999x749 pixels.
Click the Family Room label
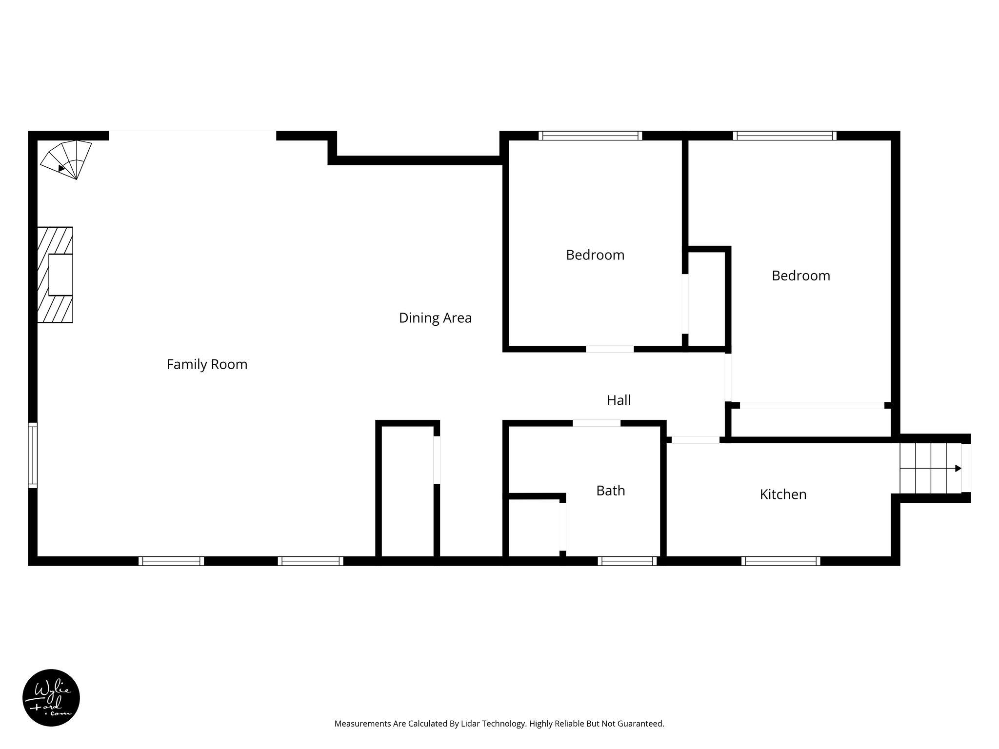pos(207,364)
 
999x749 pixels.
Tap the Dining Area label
pos(435,318)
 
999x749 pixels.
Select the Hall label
pos(619,400)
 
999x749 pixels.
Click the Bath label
pos(610,491)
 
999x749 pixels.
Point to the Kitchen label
pos(783,494)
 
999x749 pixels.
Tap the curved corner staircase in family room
pos(67,158)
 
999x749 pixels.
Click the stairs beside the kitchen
pos(929,469)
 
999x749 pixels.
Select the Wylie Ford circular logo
pos(51,698)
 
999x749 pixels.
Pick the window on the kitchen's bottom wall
pos(780,561)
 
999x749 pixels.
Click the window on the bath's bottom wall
pos(627,561)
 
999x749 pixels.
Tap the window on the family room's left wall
pos(33,455)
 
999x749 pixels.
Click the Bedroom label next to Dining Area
pos(595,255)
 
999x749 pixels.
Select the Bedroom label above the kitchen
pos(800,276)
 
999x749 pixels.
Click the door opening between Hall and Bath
pos(596,423)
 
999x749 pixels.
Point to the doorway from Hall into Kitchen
pos(695,440)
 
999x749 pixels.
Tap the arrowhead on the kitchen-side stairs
pos(958,469)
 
